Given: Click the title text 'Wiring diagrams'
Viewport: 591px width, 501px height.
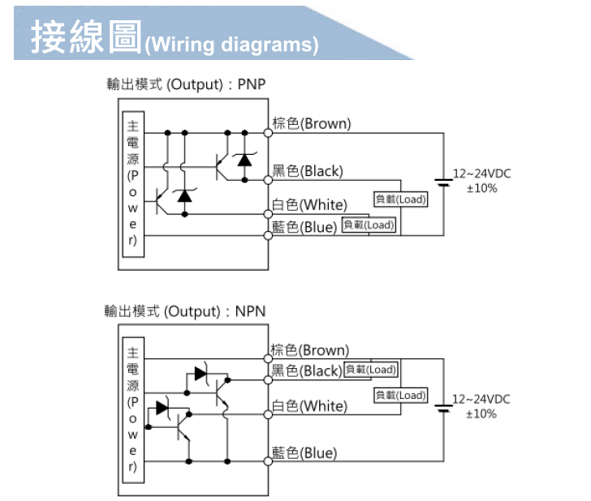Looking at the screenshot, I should coord(231,44).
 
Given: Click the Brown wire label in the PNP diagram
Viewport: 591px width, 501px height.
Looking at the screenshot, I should coord(312,124).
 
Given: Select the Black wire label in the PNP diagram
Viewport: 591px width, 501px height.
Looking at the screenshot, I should coord(308,171).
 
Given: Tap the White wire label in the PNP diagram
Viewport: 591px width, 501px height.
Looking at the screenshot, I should coord(309,204).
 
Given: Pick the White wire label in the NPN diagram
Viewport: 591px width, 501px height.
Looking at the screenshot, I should coord(309,405).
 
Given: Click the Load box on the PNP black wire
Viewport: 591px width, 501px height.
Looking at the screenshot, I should coord(400,199).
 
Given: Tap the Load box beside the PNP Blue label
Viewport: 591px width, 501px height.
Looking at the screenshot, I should coord(369,225).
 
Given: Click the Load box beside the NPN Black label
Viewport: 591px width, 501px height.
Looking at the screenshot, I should coord(370,370).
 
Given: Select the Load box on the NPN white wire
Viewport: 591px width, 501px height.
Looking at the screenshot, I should coord(400,396).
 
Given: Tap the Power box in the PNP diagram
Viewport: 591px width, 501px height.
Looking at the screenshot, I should coord(133,186).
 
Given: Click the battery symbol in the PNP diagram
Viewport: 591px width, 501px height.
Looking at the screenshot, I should coord(443,181).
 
